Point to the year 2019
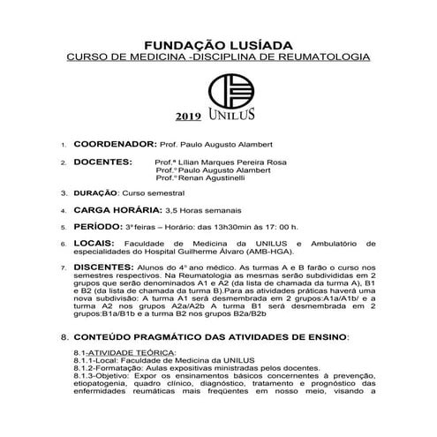pos(188,117)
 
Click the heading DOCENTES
pos(102,162)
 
